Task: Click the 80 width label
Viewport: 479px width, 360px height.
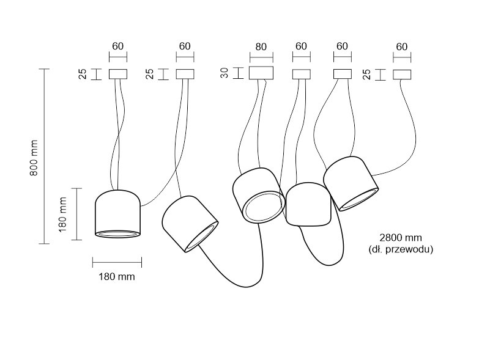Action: pos(261,46)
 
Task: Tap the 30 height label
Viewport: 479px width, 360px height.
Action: pos(225,73)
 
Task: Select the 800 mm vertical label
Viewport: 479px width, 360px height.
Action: pos(34,157)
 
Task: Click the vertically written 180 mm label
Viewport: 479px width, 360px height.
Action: pos(62,214)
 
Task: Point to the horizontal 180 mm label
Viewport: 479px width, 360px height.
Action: pos(116,276)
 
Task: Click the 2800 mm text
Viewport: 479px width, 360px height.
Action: pos(401,237)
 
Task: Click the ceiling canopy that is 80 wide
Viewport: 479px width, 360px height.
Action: pos(261,73)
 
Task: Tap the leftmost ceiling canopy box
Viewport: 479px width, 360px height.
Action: pos(117,74)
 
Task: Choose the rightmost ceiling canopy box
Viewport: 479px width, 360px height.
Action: pos(401,74)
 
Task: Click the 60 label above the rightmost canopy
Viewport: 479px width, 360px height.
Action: pos(401,46)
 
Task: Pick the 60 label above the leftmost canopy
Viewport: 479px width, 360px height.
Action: pos(117,46)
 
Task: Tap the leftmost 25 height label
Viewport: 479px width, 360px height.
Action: pos(81,74)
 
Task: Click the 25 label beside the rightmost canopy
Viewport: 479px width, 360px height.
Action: pos(365,74)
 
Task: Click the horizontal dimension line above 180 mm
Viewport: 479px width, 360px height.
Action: pos(117,263)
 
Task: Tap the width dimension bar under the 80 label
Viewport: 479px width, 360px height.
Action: pos(261,57)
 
